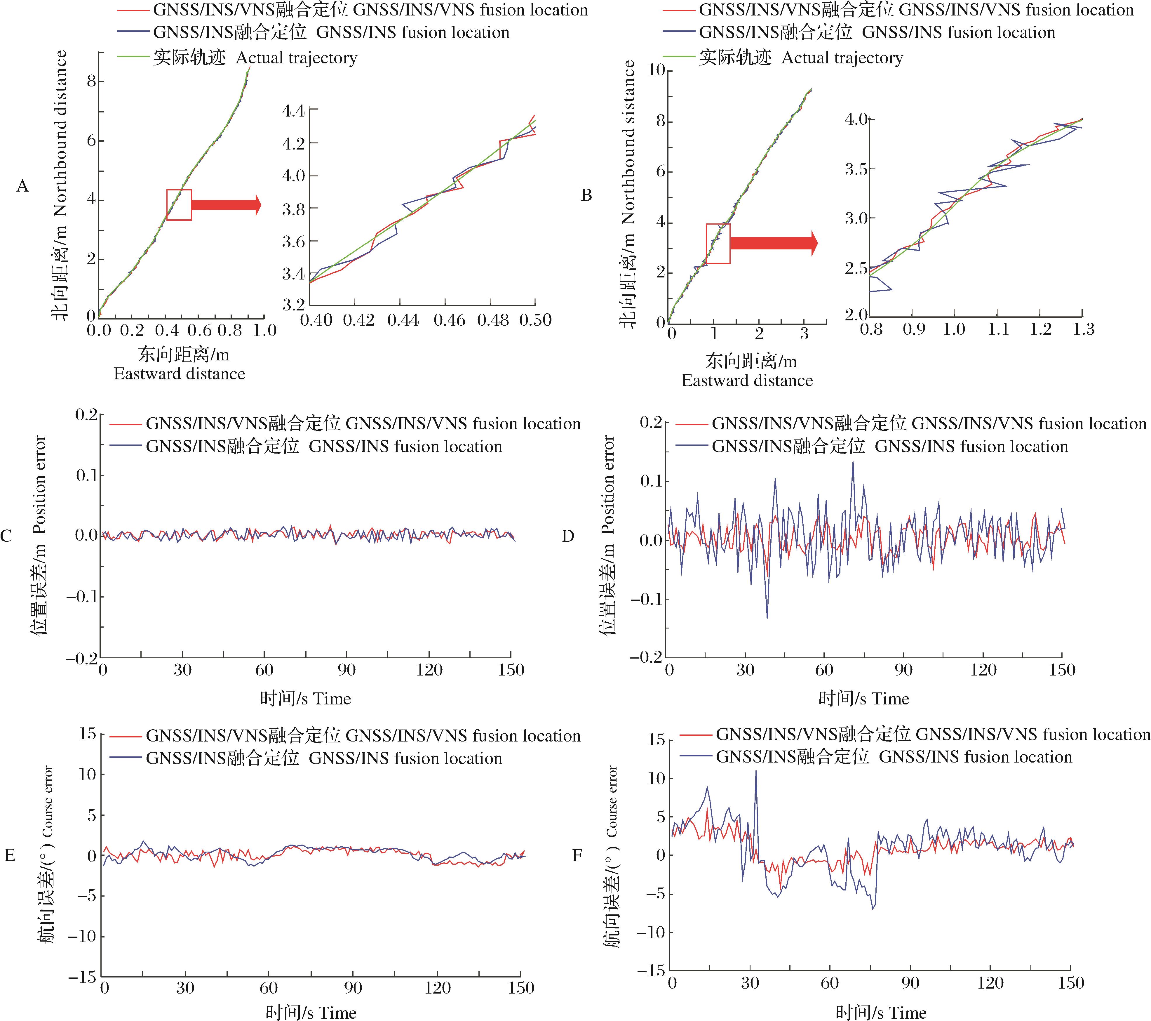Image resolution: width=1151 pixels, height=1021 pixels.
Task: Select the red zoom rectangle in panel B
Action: [x=718, y=243]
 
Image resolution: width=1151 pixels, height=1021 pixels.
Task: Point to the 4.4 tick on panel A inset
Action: [x=293, y=111]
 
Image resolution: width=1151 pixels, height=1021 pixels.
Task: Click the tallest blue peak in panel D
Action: [x=853, y=463]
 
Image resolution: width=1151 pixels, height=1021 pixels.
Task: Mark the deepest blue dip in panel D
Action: [x=767, y=618]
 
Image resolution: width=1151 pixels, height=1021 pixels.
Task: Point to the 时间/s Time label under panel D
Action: [x=863, y=699]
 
